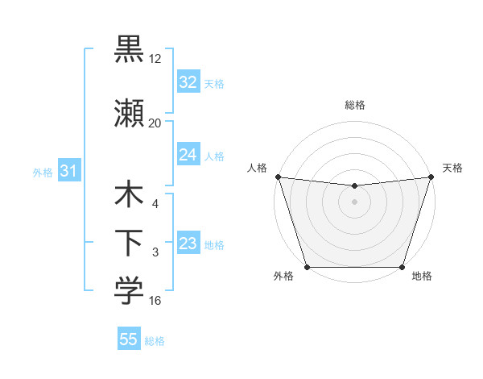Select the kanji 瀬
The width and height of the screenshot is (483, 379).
pyautogui.click(x=129, y=114)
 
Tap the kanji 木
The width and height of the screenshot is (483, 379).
pyautogui.click(x=129, y=196)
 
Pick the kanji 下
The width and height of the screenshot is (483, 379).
pyautogui.click(x=129, y=243)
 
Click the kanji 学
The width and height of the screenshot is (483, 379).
pyautogui.click(x=129, y=291)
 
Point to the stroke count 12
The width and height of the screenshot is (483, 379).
pyautogui.click(x=155, y=58)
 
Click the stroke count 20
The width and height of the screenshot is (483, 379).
pyautogui.click(x=155, y=123)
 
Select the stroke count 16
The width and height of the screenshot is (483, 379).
pyautogui.click(x=155, y=301)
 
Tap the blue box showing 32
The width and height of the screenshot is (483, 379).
pyautogui.click(x=188, y=81)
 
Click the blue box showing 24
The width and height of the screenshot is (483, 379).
pyautogui.click(x=188, y=155)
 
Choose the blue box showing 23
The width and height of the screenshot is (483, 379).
pyautogui.click(x=188, y=244)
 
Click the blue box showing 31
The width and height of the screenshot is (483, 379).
pyautogui.click(x=68, y=171)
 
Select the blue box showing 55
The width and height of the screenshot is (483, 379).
pyautogui.click(x=129, y=339)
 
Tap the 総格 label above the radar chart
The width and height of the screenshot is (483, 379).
pyautogui.click(x=354, y=105)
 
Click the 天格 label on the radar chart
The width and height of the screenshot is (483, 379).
pyautogui.click(x=452, y=168)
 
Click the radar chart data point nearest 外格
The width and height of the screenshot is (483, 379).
pyautogui.click(x=307, y=266)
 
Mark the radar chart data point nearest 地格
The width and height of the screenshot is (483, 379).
pyautogui.click(x=402, y=266)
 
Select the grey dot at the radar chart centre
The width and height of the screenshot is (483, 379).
pyautogui.click(x=354, y=201)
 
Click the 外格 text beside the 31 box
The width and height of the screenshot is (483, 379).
pyautogui.click(x=43, y=172)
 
